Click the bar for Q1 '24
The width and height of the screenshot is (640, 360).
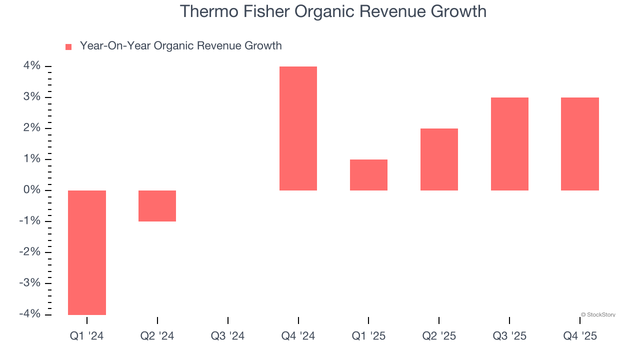(x=87, y=252)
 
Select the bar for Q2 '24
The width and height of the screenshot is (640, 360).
(x=157, y=206)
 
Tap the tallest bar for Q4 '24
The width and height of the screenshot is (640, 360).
(x=298, y=128)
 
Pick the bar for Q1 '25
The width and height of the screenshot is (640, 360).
(x=368, y=175)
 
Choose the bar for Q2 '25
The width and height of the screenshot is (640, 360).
(x=439, y=159)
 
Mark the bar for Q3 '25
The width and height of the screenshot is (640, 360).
(x=509, y=144)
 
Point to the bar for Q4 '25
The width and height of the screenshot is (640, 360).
(x=579, y=144)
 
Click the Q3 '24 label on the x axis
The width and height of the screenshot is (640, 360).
(x=227, y=336)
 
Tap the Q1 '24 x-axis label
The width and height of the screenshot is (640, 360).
(x=87, y=336)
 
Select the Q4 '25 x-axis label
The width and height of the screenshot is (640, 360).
(x=580, y=336)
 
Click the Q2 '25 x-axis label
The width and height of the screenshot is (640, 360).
(x=439, y=336)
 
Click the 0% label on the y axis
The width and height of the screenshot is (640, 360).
(x=31, y=190)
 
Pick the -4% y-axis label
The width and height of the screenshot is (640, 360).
(x=29, y=314)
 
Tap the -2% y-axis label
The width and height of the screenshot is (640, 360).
(x=29, y=252)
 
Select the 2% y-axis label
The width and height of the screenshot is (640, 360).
(x=31, y=128)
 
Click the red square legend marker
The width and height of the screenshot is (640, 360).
(x=68, y=47)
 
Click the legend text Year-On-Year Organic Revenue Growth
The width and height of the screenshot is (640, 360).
(x=180, y=46)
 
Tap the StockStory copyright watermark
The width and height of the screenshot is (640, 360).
(x=598, y=315)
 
